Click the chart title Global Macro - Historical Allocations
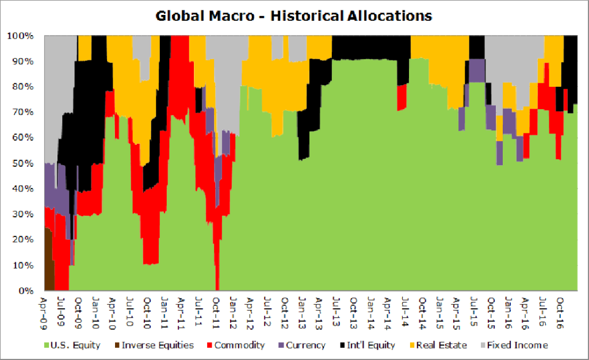pos(294,16)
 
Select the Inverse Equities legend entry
pos(155,346)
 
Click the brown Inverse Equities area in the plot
pos(48,265)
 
